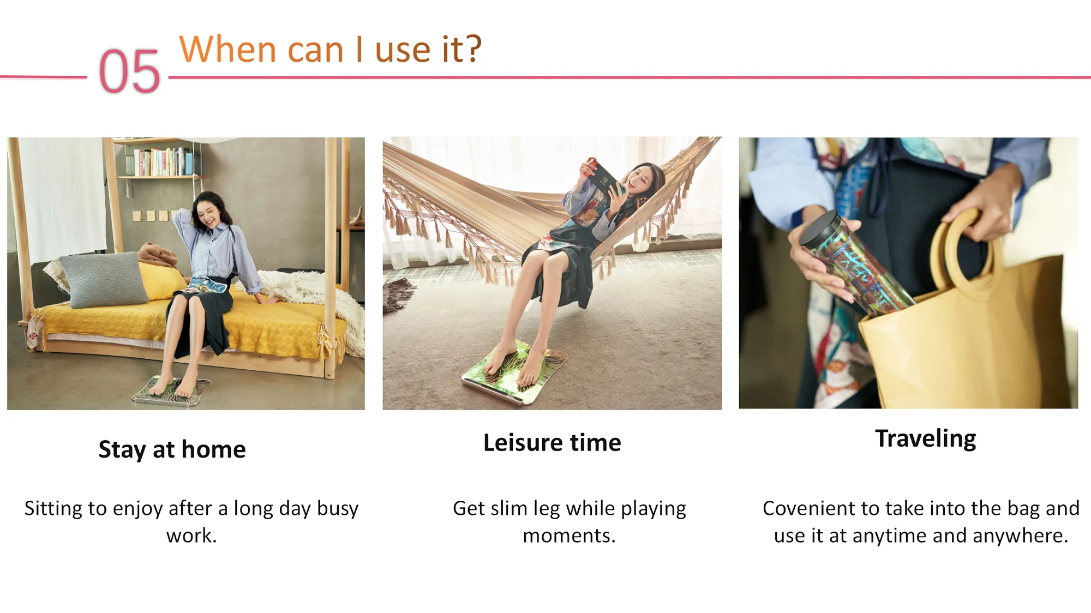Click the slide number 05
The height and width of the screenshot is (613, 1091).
click(x=129, y=71)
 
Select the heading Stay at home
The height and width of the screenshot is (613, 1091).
click(x=172, y=449)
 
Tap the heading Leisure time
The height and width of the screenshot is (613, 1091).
click(x=552, y=442)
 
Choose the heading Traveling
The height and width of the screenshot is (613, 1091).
click(x=926, y=439)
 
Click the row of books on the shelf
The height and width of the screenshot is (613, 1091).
click(x=164, y=162)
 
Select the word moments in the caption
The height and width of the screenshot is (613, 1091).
click(x=569, y=536)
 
